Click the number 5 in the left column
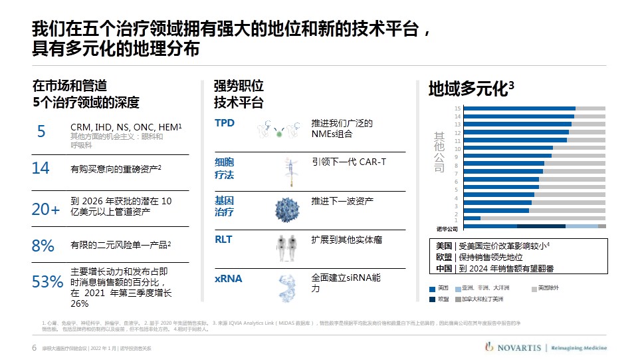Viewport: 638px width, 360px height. tap(41, 132)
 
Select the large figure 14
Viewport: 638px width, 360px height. tap(41, 168)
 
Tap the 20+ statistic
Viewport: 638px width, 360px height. tap(46, 210)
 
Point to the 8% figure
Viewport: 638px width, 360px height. tap(43, 246)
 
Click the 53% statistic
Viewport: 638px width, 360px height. tap(47, 282)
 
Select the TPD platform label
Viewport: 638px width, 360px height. tap(225, 123)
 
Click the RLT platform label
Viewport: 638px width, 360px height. tap(223, 239)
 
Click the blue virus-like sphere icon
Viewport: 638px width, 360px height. tap(289, 208)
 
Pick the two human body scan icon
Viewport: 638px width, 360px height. tap(286, 248)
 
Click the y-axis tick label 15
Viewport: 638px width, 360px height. tap(457, 108)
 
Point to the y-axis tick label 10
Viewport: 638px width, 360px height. tap(457, 149)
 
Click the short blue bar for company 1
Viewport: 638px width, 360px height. tap(472, 218)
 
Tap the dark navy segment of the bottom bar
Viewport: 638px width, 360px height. tap(541, 226)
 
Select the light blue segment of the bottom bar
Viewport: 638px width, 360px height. tap(582, 226)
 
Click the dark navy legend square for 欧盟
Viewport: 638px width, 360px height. tap(433, 299)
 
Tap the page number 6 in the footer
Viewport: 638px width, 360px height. tap(35, 348)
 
